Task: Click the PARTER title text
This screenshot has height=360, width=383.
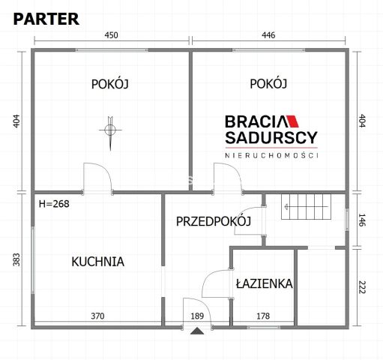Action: (46, 19)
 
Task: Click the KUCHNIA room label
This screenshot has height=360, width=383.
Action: (97, 262)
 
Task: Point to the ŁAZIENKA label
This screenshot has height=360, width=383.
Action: (263, 284)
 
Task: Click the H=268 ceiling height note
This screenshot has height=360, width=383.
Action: (53, 202)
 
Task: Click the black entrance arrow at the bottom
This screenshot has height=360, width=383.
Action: (196, 331)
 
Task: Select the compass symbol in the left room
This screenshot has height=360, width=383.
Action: (110, 130)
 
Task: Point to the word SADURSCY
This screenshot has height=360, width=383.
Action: (271, 138)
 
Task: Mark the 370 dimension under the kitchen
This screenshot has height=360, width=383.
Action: (97, 316)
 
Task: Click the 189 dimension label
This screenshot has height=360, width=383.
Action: (198, 316)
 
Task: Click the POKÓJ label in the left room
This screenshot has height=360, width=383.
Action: (110, 85)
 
